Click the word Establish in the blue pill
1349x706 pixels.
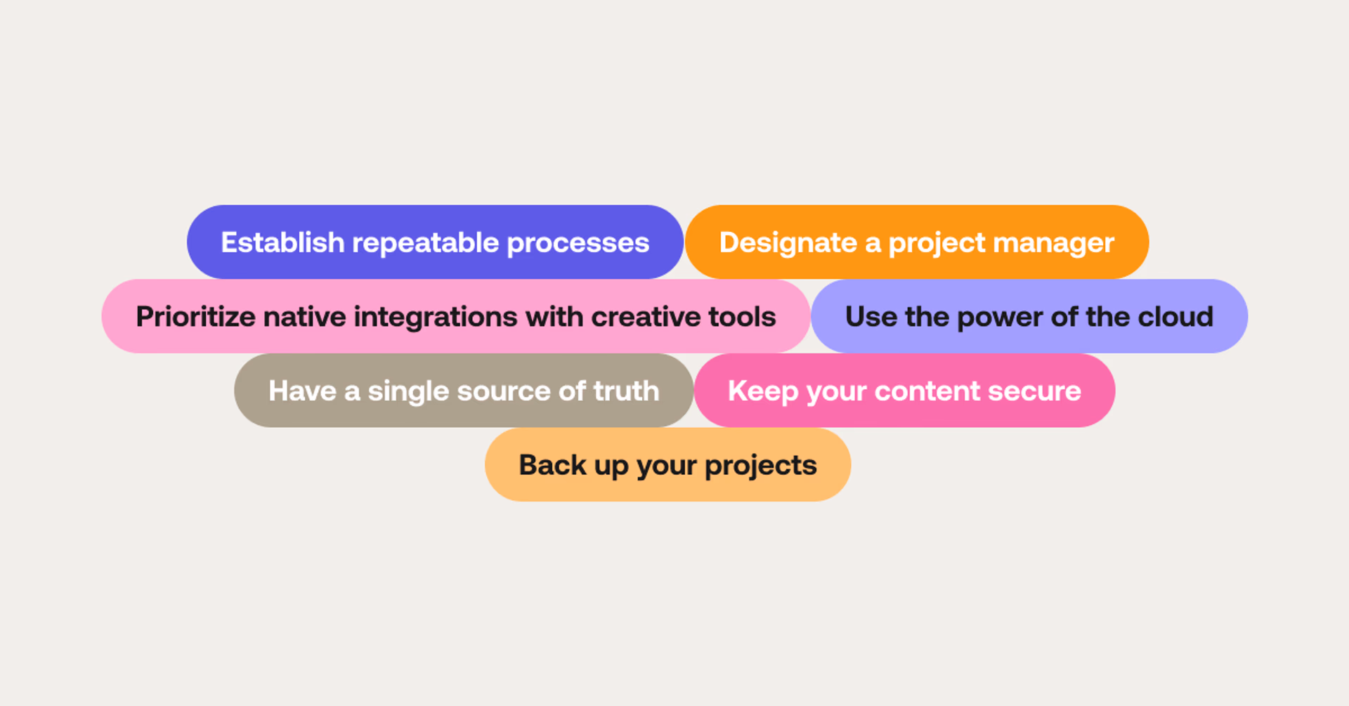[x=282, y=242]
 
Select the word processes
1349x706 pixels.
[x=578, y=243]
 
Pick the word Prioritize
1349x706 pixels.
[x=195, y=317]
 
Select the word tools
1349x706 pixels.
[x=742, y=317]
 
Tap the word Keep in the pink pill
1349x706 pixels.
[x=763, y=391]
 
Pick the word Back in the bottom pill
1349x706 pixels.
[x=552, y=465]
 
